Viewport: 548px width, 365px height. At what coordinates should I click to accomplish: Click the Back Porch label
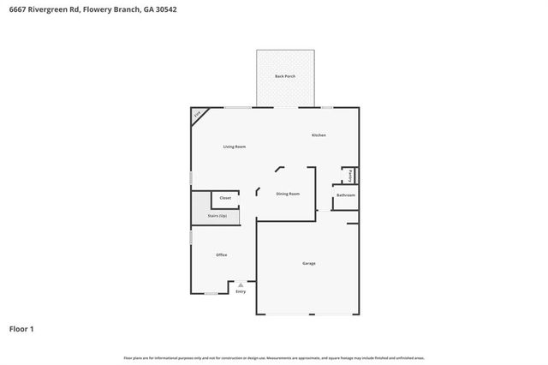click(285, 77)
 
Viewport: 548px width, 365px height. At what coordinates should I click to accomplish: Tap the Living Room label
click(235, 147)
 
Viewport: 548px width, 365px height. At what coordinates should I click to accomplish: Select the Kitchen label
click(319, 135)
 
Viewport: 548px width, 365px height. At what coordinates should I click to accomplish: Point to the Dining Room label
click(288, 194)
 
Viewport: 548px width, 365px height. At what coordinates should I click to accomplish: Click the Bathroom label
click(345, 195)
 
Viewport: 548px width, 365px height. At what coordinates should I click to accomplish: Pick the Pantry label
click(351, 175)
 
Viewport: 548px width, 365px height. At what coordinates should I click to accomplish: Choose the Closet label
click(225, 198)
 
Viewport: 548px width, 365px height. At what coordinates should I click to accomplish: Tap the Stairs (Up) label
click(217, 216)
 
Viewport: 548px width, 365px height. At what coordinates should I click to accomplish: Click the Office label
click(221, 254)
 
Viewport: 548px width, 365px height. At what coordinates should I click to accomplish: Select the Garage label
click(308, 263)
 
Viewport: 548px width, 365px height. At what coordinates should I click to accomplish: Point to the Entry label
click(241, 292)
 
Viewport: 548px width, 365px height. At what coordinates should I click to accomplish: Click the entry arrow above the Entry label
click(241, 284)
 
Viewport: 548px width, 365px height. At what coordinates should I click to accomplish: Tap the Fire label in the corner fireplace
click(198, 114)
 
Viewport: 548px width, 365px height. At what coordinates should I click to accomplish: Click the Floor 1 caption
click(21, 328)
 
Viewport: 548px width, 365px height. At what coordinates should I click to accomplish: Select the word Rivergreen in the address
click(48, 11)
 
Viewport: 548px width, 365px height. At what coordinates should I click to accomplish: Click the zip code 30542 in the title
click(165, 11)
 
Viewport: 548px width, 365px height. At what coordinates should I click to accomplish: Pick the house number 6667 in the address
click(16, 11)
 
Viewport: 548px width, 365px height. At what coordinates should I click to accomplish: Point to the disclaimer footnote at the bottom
click(274, 357)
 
